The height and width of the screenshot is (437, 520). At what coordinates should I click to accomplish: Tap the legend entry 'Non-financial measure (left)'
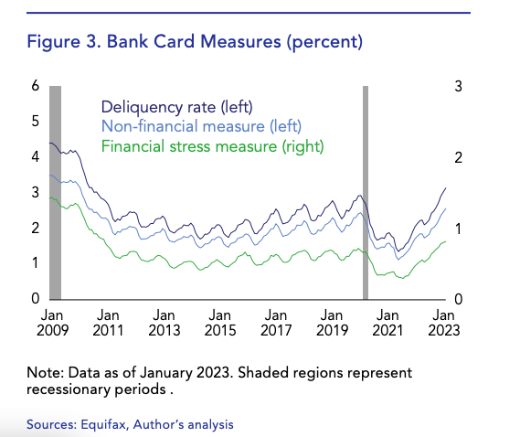point(201,125)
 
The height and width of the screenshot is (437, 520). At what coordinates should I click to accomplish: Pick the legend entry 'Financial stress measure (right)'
point(212,145)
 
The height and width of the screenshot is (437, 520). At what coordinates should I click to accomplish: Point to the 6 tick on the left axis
point(36,86)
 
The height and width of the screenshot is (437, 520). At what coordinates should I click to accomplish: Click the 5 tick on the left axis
point(36,122)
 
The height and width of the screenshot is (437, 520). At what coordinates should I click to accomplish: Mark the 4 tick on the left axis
point(36,157)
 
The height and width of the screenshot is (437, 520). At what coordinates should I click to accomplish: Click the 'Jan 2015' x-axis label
point(220,322)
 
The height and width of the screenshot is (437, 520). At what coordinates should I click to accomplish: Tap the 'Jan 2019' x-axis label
point(333,322)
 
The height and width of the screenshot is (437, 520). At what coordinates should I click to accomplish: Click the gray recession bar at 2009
point(55,192)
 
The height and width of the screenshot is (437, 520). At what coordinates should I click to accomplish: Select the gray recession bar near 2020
point(366,192)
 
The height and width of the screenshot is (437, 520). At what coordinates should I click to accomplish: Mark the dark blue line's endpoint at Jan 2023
point(445,187)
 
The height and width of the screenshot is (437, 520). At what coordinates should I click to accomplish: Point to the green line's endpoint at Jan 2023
point(445,241)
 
